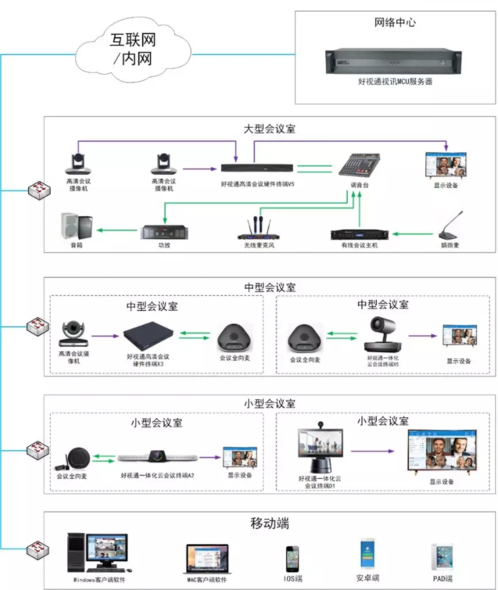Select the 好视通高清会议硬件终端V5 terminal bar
tap(257, 167)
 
